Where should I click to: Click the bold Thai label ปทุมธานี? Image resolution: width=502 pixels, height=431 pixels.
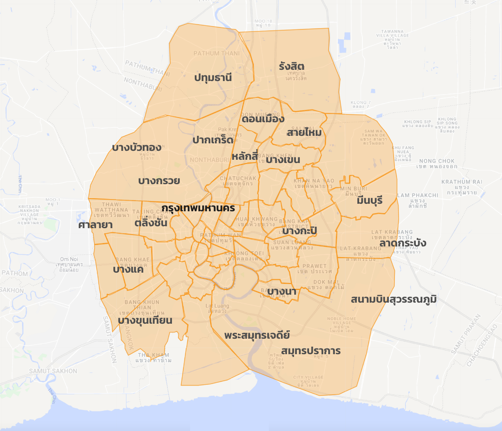(x=213, y=78)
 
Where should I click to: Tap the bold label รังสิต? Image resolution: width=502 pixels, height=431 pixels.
(x=291, y=66)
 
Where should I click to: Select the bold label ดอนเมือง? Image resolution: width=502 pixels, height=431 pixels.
(x=263, y=119)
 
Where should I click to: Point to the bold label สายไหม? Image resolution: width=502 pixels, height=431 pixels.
(x=304, y=133)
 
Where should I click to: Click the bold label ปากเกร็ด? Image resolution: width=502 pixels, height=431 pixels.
(x=213, y=140)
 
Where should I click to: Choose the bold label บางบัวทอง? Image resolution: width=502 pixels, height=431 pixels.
(x=137, y=148)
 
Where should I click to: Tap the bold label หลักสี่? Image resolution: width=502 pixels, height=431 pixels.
(x=245, y=156)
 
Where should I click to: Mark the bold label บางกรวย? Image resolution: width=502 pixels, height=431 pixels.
(x=159, y=181)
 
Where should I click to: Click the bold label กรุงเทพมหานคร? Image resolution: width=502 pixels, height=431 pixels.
(x=198, y=208)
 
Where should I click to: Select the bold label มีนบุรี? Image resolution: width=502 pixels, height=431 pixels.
(x=369, y=201)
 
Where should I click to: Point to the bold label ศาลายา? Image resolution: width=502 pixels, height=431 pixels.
(x=95, y=225)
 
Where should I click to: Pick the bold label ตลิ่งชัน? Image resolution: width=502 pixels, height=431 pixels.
(x=151, y=223)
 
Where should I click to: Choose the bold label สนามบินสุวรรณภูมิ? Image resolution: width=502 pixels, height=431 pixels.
(x=393, y=299)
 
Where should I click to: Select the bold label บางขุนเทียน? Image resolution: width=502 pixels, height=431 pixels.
(x=145, y=321)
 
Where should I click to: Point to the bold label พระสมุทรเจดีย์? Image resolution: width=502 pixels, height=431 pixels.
(x=257, y=335)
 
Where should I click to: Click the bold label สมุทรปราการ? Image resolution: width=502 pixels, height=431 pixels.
(x=311, y=351)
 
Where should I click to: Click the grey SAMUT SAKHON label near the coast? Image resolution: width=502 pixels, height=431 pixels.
(x=53, y=371)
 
